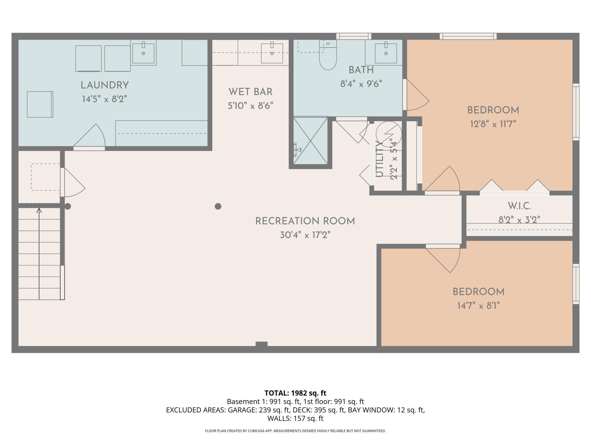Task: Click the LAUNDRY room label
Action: click(x=105, y=85)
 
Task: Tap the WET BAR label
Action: click(x=250, y=92)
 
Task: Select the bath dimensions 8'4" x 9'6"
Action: click(x=361, y=84)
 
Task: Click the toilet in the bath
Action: click(x=328, y=55)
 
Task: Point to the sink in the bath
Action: click(x=386, y=53)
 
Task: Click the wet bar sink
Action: click(x=272, y=53)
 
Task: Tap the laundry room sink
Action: click(x=143, y=53)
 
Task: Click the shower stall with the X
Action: click(x=310, y=141)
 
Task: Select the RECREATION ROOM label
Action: click(x=305, y=221)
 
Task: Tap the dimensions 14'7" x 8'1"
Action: click(x=478, y=306)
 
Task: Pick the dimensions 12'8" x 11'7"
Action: click(x=493, y=124)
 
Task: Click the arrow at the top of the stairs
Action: click(x=39, y=210)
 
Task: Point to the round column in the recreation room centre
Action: click(x=218, y=206)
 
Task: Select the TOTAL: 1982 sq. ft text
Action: click(x=295, y=393)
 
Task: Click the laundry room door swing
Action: click(x=89, y=136)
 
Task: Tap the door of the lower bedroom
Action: click(x=443, y=258)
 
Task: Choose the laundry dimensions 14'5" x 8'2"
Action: click(x=105, y=99)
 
